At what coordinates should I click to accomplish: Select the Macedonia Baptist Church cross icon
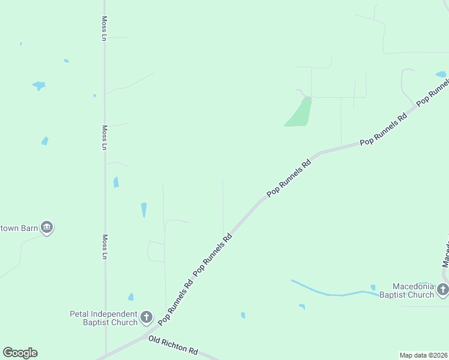coord(443,290)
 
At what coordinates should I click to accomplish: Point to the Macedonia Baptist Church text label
coord(413,290)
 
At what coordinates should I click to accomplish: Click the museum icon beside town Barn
coord(47,227)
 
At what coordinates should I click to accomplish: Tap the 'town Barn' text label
coord(19,228)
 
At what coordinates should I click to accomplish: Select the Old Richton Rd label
coord(173,345)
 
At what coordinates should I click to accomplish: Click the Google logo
coord(20,353)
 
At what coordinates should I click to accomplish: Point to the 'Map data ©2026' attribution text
coord(423,355)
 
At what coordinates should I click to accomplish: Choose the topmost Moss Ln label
coord(104,28)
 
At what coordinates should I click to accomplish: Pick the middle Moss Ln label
coord(104,137)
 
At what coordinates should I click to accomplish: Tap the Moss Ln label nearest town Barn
coord(104,247)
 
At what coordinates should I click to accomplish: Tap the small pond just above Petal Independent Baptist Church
coord(131,297)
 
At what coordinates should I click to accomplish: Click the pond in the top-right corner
coord(441,75)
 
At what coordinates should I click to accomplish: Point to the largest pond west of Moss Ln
coord(39,85)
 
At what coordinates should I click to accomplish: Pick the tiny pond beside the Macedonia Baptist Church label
coord(373,287)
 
